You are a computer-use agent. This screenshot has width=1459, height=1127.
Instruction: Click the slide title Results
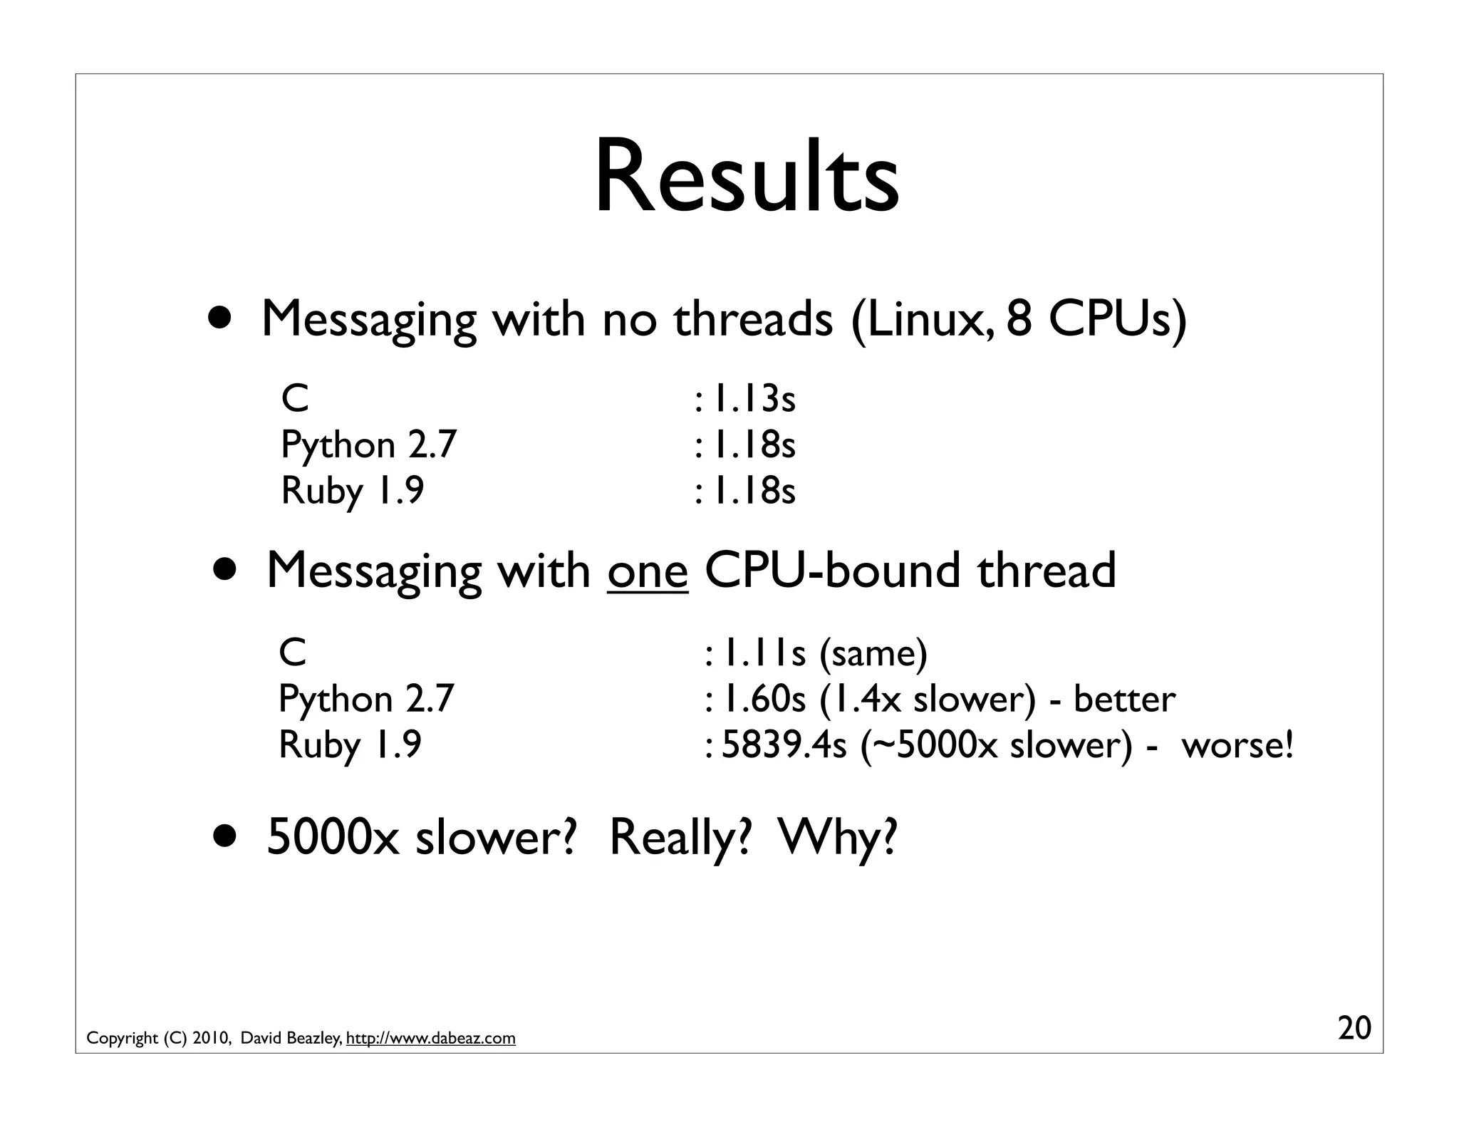coord(747,178)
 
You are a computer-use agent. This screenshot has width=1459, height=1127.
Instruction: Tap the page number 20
coord(1354,1029)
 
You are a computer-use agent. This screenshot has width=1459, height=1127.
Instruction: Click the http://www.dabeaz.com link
coord(430,1038)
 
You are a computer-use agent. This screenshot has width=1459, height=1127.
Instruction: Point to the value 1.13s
coord(754,399)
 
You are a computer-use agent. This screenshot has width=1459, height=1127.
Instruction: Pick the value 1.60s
coord(764,699)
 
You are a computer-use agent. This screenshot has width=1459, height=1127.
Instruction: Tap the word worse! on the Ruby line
coord(1237,745)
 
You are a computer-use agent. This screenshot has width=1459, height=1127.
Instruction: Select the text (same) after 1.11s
coord(873,653)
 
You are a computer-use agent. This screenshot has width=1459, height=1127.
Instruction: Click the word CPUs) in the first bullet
coord(1118,318)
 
